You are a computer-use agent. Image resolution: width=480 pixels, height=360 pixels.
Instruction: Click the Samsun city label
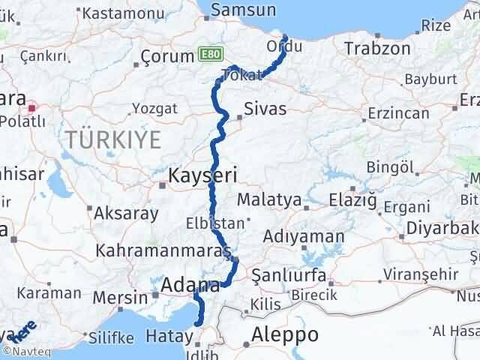coord(243,10)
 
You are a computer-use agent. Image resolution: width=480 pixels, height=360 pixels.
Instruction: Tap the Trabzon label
coord(377,49)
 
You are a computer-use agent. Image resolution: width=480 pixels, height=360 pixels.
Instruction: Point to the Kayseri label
coord(203,177)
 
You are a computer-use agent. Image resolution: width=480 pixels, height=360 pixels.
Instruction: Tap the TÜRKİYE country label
coord(113,139)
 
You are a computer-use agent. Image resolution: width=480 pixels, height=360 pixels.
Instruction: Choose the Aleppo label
coord(286,334)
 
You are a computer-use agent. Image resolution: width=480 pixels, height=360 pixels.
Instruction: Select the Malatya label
coord(268,201)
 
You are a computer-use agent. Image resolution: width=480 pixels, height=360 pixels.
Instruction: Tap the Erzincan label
coord(397,114)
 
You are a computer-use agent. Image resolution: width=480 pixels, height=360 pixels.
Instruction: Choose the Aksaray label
coord(126,213)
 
